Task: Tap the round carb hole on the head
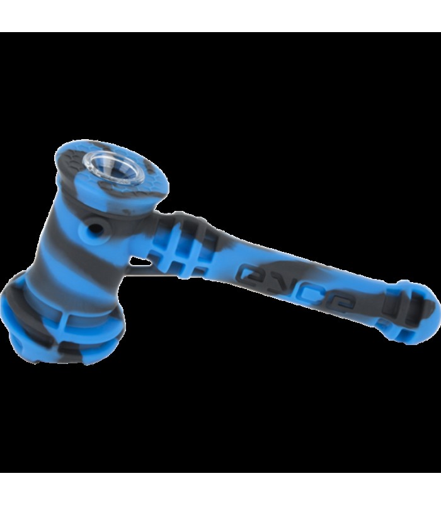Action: tap(96, 229)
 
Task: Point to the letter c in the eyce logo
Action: tap(307, 293)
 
